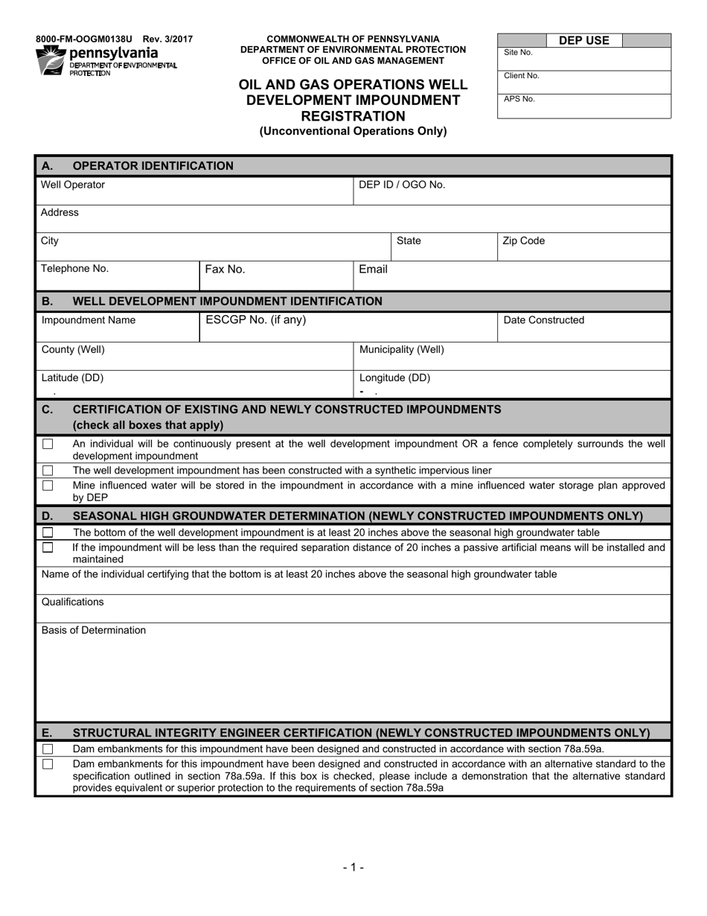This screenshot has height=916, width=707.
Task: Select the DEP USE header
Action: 583,41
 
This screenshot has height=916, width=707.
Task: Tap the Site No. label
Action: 518,53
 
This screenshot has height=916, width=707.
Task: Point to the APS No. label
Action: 519,99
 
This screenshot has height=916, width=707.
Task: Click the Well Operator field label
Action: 73,185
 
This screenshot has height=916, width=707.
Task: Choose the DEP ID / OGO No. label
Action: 402,185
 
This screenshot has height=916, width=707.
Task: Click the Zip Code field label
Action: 524,241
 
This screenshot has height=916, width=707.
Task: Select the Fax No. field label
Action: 225,270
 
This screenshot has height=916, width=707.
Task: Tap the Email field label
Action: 373,270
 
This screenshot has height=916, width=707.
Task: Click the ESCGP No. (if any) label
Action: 255,320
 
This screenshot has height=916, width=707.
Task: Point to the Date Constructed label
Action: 544,321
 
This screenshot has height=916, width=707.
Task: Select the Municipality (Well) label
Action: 402,349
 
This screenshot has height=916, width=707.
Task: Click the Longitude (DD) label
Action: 394,378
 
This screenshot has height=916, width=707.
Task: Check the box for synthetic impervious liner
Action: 48,471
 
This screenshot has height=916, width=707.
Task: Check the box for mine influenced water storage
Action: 48,486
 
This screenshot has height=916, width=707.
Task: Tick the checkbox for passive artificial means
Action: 48,547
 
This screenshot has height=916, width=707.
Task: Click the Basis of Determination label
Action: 94,631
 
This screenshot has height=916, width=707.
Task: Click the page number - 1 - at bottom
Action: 353,867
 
